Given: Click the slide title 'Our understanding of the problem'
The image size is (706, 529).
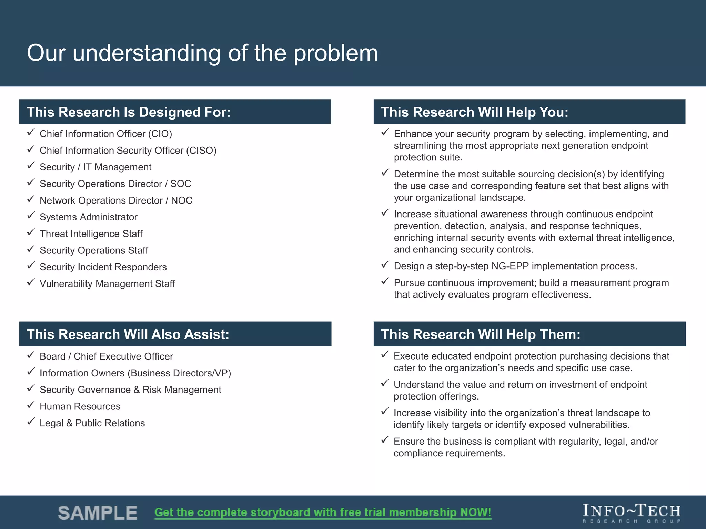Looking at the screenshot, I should [x=202, y=53].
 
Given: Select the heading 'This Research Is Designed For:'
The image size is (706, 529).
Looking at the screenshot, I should [x=129, y=112].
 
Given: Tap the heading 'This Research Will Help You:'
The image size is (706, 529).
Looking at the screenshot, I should [x=474, y=112].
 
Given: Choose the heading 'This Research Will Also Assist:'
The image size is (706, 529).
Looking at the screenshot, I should [x=128, y=334].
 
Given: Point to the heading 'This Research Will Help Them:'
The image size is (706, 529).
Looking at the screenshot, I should [x=481, y=334].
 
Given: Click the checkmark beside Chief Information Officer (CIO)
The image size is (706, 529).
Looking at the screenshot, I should [x=31, y=132].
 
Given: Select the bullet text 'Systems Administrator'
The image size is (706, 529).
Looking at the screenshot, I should [x=88, y=217].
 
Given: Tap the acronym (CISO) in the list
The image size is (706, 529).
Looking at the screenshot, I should [x=201, y=151].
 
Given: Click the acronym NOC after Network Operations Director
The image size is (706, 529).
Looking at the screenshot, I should [x=182, y=200].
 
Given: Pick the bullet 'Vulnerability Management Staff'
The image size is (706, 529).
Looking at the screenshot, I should [x=107, y=284].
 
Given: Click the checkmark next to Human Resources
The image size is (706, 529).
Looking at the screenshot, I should [x=31, y=405].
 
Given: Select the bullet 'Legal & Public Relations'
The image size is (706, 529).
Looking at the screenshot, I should [x=92, y=423].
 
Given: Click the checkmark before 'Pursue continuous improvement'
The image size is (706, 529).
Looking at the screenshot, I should [x=385, y=281].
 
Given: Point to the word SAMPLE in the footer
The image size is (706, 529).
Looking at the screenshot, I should [x=98, y=513].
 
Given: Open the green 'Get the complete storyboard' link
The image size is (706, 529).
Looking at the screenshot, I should [x=323, y=512].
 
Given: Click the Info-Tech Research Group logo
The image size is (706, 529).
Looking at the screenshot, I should [x=632, y=513].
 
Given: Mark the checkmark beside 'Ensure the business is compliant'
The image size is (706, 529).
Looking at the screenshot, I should [x=385, y=440].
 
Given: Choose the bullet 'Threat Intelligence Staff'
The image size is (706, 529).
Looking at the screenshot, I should [x=91, y=234].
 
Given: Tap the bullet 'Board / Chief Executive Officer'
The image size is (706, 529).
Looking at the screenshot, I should [x=106, y=356].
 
